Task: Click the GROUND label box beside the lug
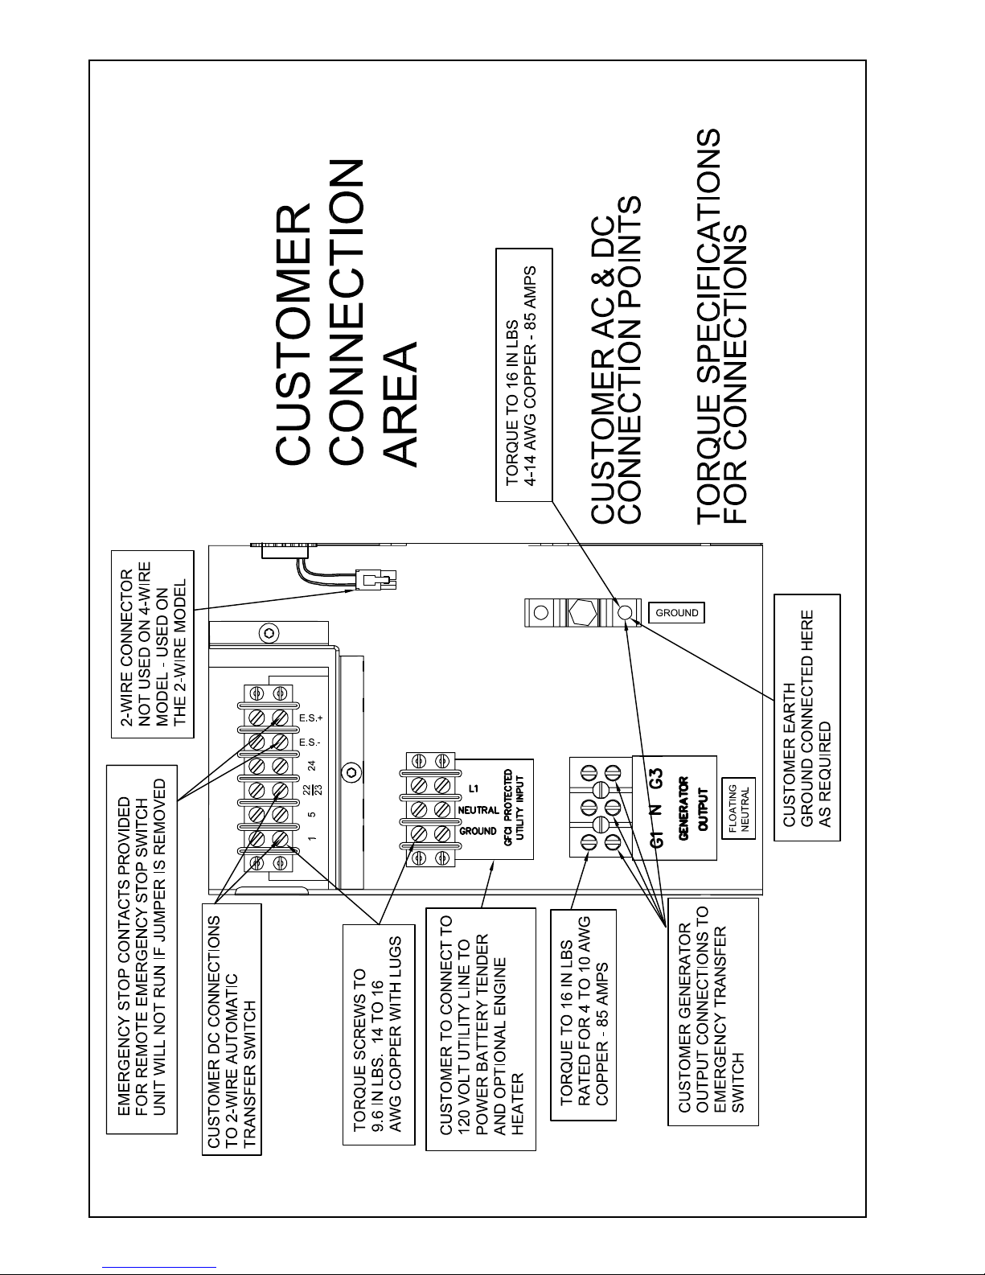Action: tap(676, 613)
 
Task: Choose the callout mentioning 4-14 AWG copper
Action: tap(525, 376)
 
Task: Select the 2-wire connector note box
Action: tap(153, 644)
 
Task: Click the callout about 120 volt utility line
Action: tap(480, 1029)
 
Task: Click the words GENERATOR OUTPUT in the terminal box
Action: tap(692, 804)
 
